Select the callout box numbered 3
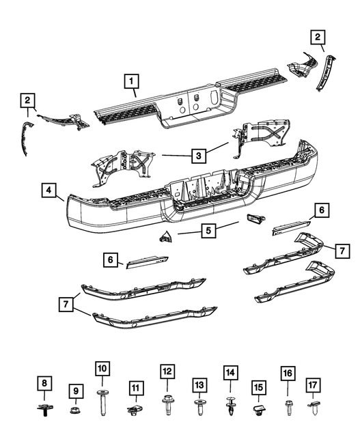click(197, 156)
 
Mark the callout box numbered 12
click(167, 372)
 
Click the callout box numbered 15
click(259, 387)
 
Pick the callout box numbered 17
click(313, 385)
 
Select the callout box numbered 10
click(102, 368)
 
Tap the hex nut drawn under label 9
click(74, 410)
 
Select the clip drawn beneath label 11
click(135, 410)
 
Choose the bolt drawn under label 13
click(199, 408)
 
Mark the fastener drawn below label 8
click(44, 410)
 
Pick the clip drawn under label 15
click(259, 410)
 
